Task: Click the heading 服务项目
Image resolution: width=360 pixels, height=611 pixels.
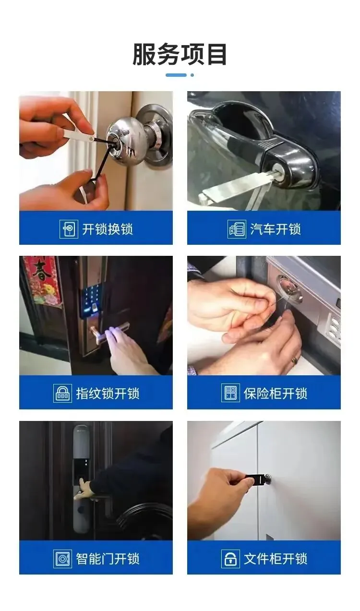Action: (180, 54)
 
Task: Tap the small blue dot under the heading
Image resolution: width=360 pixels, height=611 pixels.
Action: (192, 75)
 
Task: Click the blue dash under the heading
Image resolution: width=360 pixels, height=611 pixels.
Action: (176, 75)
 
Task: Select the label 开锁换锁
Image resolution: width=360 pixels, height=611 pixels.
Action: (108, 229)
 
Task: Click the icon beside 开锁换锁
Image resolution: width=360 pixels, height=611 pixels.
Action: (69, 229)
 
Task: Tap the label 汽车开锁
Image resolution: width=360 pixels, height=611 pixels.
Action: (276, 229)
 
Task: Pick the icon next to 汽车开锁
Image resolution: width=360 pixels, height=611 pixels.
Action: (237, 229)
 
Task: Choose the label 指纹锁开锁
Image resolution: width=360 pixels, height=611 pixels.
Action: (108, 394)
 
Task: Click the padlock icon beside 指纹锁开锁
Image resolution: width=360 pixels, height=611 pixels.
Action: (62, 394)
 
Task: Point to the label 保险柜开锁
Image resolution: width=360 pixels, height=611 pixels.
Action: (276, 394)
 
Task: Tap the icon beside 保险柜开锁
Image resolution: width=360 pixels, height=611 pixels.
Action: (230, 393)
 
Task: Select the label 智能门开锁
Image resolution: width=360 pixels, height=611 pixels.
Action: (108, 558)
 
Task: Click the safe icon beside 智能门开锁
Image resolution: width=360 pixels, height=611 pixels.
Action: (62, 559)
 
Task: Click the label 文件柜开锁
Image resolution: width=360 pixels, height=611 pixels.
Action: (276, 558)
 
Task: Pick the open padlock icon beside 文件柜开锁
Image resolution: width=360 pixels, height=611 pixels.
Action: (230, 558)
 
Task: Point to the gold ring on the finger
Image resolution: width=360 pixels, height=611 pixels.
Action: (295, 360)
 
